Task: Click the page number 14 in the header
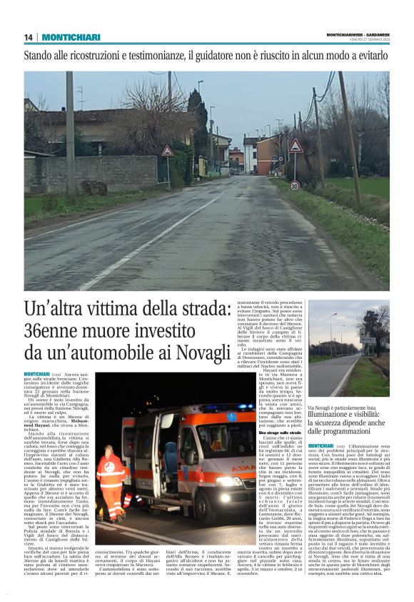[29, 37]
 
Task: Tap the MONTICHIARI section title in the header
[71, 37]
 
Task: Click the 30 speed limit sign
[294, 186]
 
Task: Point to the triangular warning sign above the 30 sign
[296, 147]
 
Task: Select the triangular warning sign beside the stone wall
[167, 151]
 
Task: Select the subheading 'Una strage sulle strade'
[241, 433]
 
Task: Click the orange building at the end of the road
[236, 159]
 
